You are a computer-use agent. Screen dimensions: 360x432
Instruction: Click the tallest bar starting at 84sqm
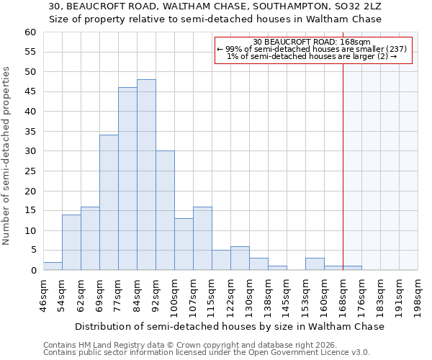146,175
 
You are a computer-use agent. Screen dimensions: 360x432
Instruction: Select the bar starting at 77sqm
127,179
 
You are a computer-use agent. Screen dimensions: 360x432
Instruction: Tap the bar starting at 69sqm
109,202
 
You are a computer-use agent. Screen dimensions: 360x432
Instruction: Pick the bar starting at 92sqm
165,210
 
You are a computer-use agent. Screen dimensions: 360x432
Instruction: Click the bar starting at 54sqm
71,242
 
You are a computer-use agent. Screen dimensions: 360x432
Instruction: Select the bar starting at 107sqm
202,238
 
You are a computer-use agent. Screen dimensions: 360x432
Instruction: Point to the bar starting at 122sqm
240,258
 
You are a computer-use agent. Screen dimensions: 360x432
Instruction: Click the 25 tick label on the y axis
30,171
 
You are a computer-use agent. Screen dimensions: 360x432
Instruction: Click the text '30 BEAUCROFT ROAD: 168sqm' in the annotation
312,42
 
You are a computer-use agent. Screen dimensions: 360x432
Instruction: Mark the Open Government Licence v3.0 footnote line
207,352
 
